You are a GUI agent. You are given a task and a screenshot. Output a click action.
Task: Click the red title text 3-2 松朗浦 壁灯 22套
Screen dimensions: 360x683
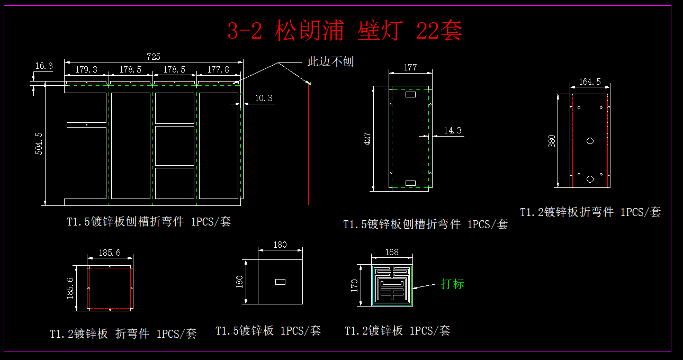pos(345,31)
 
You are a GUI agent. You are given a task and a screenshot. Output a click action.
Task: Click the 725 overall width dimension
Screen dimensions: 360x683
pos(154,57)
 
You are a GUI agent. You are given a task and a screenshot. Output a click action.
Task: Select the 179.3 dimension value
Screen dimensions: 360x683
pos(86,69)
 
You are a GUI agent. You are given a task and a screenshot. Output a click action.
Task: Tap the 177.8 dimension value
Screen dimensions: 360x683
pos(219,69)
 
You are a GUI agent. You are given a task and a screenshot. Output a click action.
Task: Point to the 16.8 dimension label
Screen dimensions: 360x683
pos(43,66)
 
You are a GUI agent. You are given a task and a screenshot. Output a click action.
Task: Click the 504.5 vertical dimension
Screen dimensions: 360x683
pos(39,143)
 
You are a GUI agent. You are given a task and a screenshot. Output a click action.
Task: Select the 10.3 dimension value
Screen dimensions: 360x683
pos(263,98)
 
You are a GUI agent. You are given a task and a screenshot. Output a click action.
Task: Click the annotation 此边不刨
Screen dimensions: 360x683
pos(331,61)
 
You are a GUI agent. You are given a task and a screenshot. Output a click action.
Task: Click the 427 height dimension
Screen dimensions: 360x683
pos(367,138)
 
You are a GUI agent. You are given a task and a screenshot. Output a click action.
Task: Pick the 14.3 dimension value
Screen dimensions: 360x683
pos(453,130)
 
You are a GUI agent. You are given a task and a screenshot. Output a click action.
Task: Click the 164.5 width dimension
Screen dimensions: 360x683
pos(590,82)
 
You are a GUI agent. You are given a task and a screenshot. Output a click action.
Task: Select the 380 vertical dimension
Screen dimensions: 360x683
pos(552,141)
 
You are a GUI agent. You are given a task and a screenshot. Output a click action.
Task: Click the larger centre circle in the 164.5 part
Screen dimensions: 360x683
pos(590,141)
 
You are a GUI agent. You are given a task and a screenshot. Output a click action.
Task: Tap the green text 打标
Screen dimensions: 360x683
pos(453,284)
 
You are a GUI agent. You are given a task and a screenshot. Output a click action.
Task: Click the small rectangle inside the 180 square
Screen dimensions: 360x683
pos(280,282)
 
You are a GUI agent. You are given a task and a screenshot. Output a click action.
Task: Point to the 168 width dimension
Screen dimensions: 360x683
pos(392,252)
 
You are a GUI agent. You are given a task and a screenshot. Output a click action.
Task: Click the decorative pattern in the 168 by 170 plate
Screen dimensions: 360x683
pos(392,285)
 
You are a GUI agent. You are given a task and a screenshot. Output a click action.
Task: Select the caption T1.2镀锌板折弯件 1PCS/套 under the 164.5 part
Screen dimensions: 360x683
pos(590,212)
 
